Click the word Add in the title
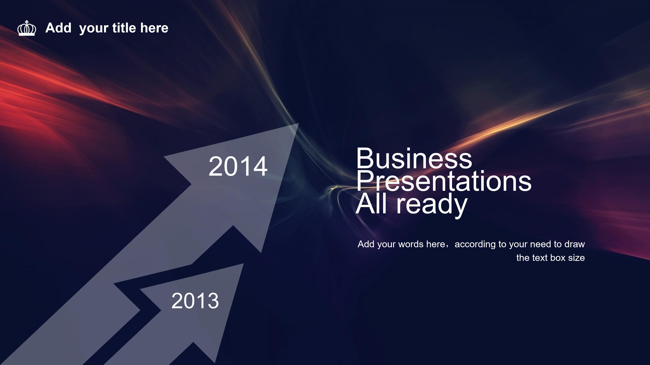[58, 28]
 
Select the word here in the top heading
[154, 28]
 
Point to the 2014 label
[238, 166]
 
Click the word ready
[432, 204]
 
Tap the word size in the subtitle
[577, 258]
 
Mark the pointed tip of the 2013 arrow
[244, 264]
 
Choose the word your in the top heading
[94, 29]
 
